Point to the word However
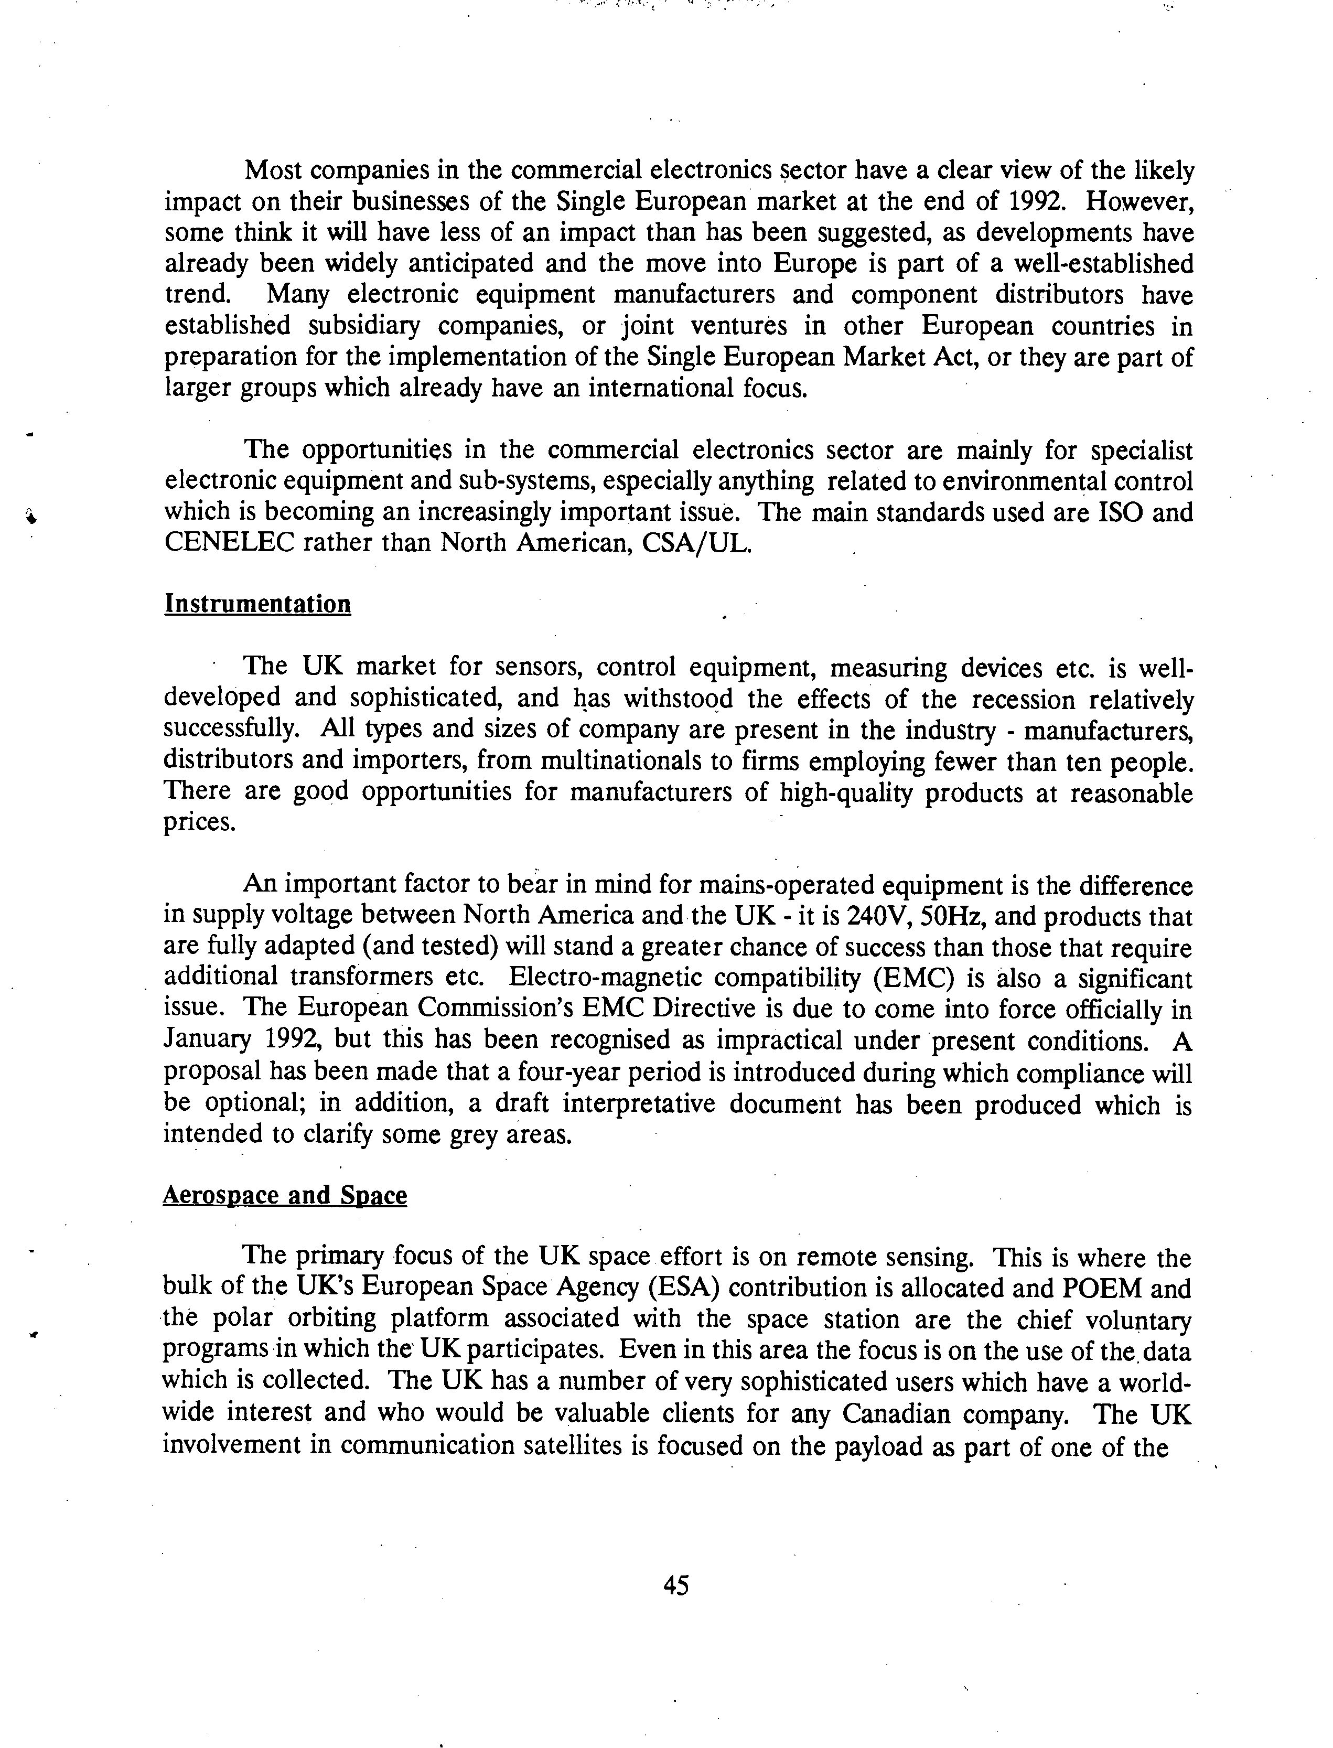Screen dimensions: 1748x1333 [x=1138, y=201]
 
